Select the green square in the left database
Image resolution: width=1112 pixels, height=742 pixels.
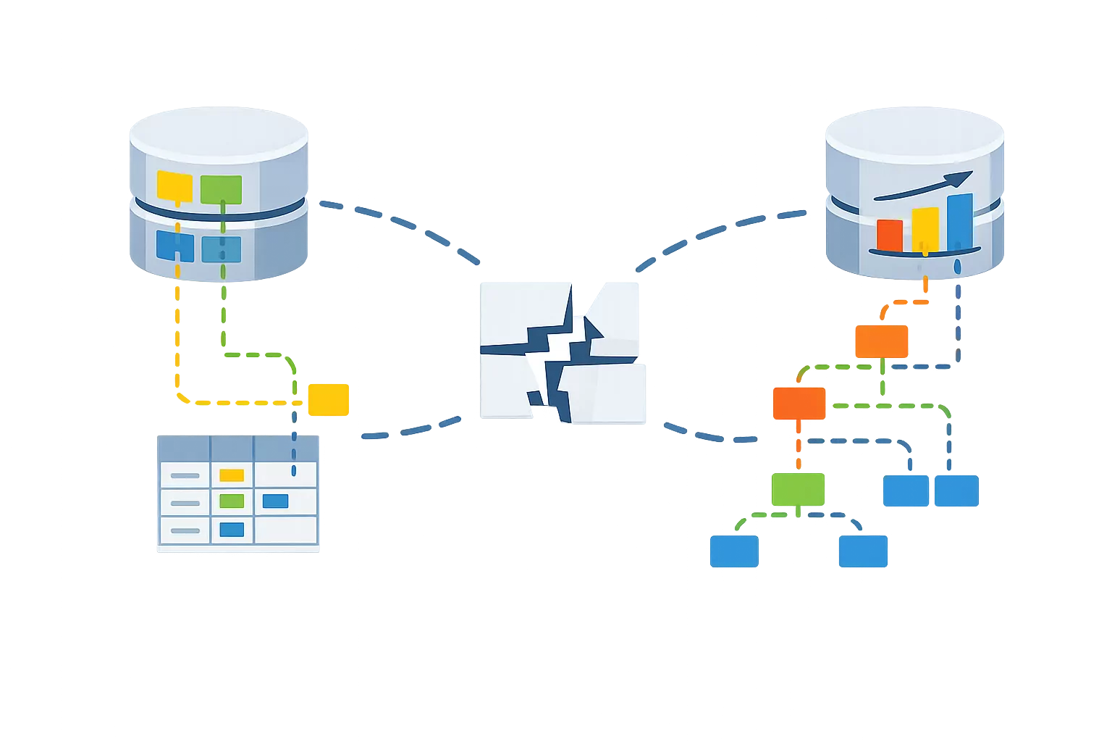pyautogui.click(x=221, y=188)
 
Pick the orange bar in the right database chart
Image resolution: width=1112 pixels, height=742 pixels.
pyautogui.click(x=890, y=234)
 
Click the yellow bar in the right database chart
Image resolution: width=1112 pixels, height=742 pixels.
pyautogui.click(x=924, y=229)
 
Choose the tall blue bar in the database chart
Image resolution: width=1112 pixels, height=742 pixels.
pyautogui.click(x=959, y=222)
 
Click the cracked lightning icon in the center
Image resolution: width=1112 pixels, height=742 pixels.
pyautogui.click(x=562, y=352)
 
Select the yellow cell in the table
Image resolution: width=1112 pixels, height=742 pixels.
pyautogui.click(x=232, y=475)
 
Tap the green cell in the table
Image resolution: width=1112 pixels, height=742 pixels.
pyautogui.click(x=232, y=501)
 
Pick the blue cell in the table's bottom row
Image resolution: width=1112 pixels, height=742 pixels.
pyautogui.click(x=232, y=530)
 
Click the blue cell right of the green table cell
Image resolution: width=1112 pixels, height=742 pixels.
pyautogui.click(x=275, y=501)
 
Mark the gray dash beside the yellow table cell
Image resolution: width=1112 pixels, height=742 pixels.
pyautogui.click(x=185, y=475)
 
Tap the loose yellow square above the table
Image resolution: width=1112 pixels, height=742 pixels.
pyautogui.click(x=329, y=399)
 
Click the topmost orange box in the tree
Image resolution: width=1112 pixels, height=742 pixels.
pyautogui.click(x=880, y=342)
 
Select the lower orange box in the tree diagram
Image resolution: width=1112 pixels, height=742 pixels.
pyautogui.click(x=799, y=404)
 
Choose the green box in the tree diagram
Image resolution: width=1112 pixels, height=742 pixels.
pyautogui.click(x=798, y=489)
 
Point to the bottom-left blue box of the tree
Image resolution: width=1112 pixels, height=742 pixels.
pyautogui.click(x=733, y=551)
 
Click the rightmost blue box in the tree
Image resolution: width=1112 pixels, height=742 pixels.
pyautogui.click(x=956, y=491)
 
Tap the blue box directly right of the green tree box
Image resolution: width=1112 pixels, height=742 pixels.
pyautogui.click(x=906, y=491)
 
